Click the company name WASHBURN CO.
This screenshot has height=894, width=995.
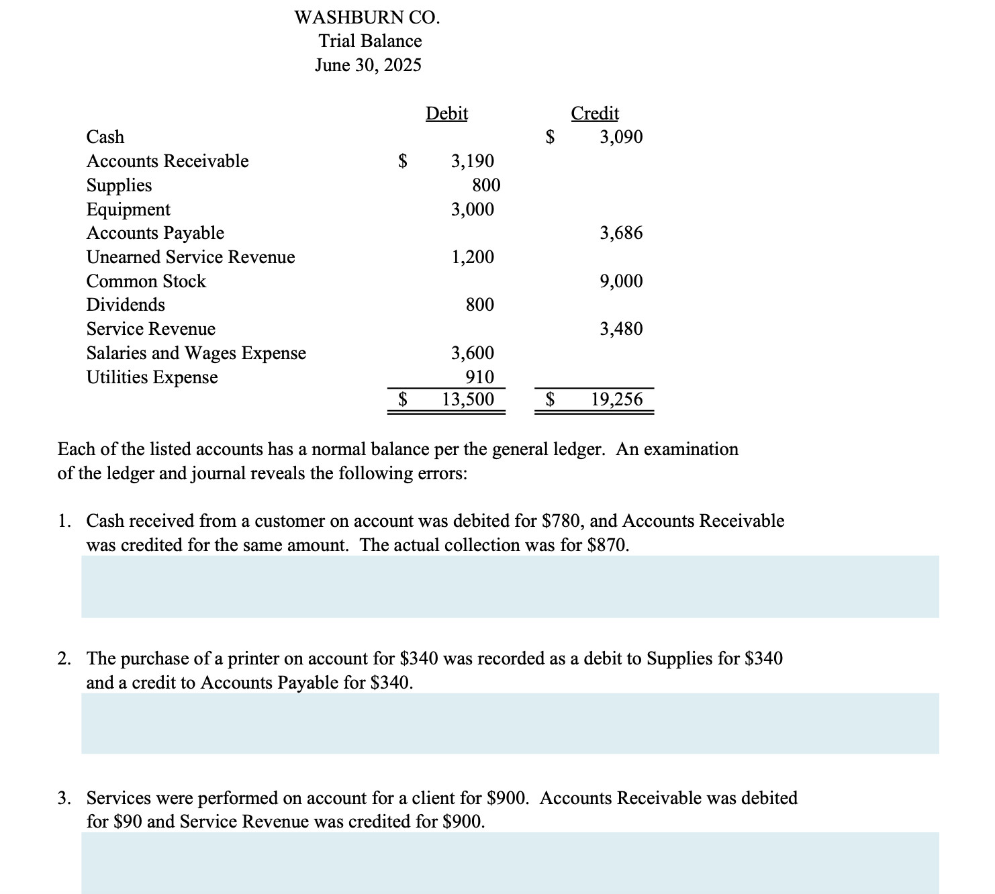(367, 17)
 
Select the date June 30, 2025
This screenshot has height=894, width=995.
(368, 65)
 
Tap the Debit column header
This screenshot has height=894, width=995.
(446, 113)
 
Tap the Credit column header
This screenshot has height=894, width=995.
(595, 113)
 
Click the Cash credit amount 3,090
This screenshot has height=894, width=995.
(621, 137)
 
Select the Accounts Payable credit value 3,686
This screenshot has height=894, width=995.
(621, 233)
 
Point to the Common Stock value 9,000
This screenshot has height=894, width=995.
(621, 281)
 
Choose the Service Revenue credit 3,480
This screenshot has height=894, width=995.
(621, 329)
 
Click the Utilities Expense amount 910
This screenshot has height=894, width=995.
(479, 377)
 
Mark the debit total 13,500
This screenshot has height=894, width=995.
(468, 400)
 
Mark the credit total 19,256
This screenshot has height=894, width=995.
(616, 400)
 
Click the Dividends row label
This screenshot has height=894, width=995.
(126, 305)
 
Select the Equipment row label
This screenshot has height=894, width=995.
(128, 209)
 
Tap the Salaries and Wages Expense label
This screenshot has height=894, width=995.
(196, 353)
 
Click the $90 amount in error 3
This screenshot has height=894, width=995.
(127, 822)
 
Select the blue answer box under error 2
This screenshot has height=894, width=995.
(510, 724)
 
